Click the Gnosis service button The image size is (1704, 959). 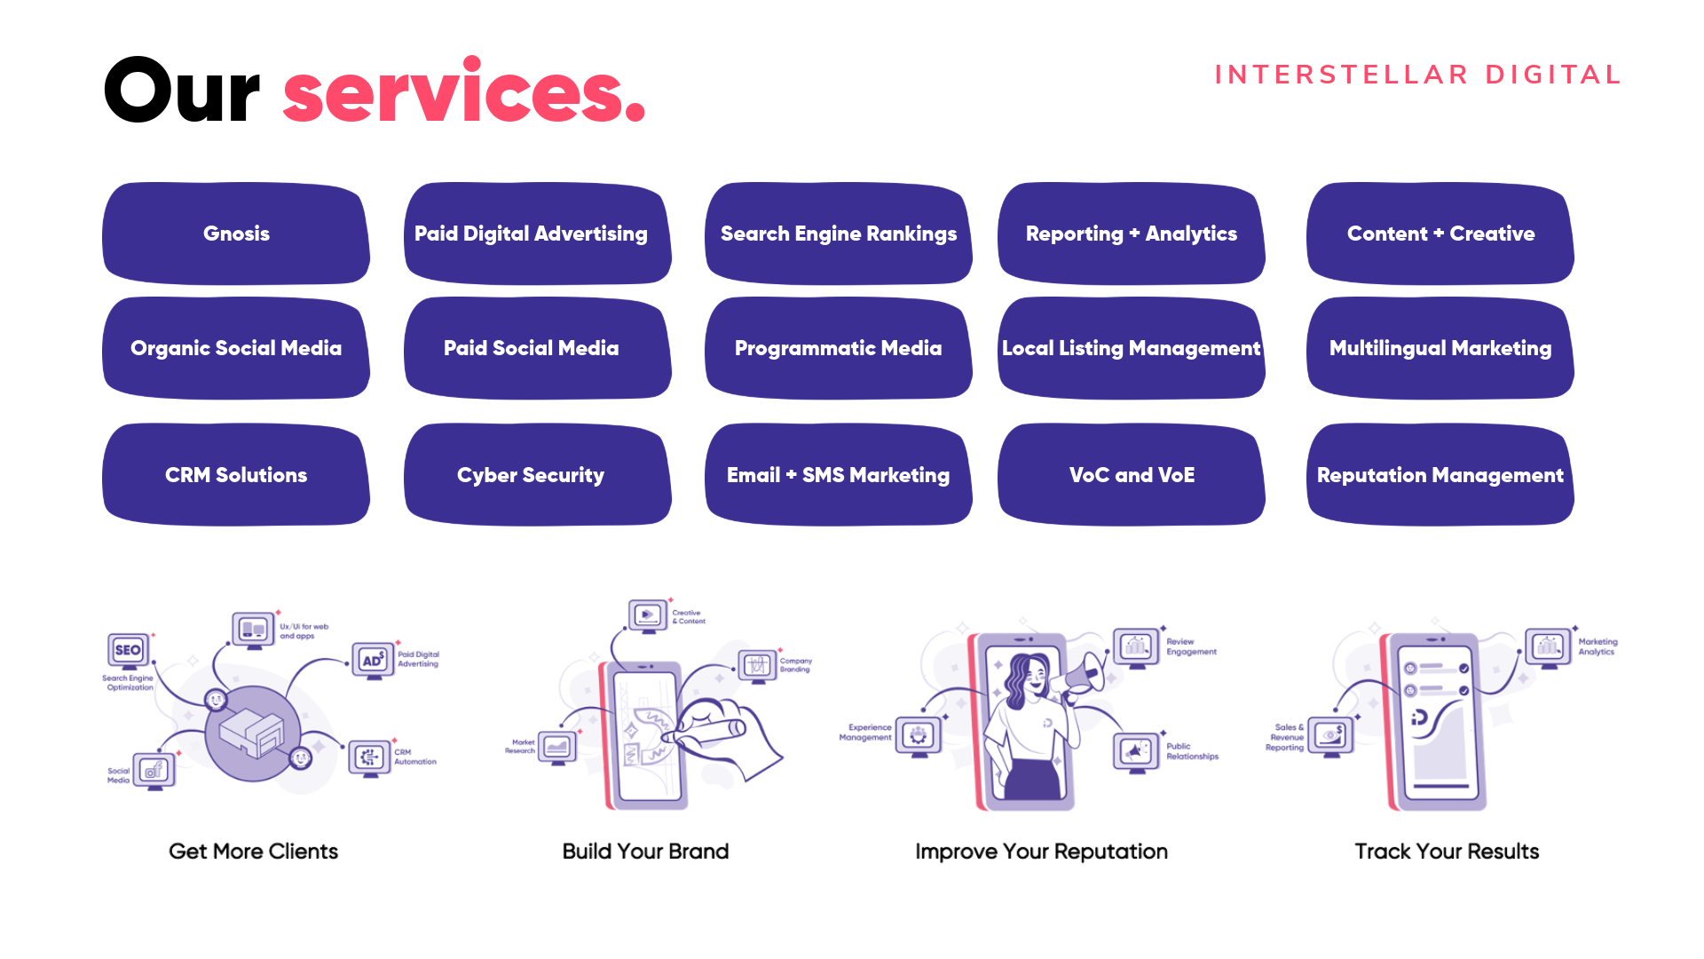tap(236, 234)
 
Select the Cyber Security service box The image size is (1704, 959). tap(531, 475)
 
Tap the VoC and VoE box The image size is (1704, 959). tap(1132, 475)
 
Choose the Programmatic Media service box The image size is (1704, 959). tap(838, 348)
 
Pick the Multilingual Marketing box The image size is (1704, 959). tap(1440, 348)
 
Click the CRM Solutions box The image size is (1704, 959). tap(236, 475)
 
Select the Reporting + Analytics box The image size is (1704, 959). tap(1132, 234)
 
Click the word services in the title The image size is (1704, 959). tap(463, 92)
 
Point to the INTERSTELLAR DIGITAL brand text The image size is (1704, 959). tap(1417, 75)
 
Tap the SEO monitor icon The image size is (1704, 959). tap(129, 651)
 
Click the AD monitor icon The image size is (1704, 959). tap(374, 661)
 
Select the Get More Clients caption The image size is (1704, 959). tap(253, 852)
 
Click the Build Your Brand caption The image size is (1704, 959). tap(645, 852)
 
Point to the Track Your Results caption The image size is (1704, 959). tap(1447, 852)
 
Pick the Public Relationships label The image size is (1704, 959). tap(1192, 751)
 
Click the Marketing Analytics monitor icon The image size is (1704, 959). tap(1549, 647)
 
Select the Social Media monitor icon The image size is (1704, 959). tap(155, 771)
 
